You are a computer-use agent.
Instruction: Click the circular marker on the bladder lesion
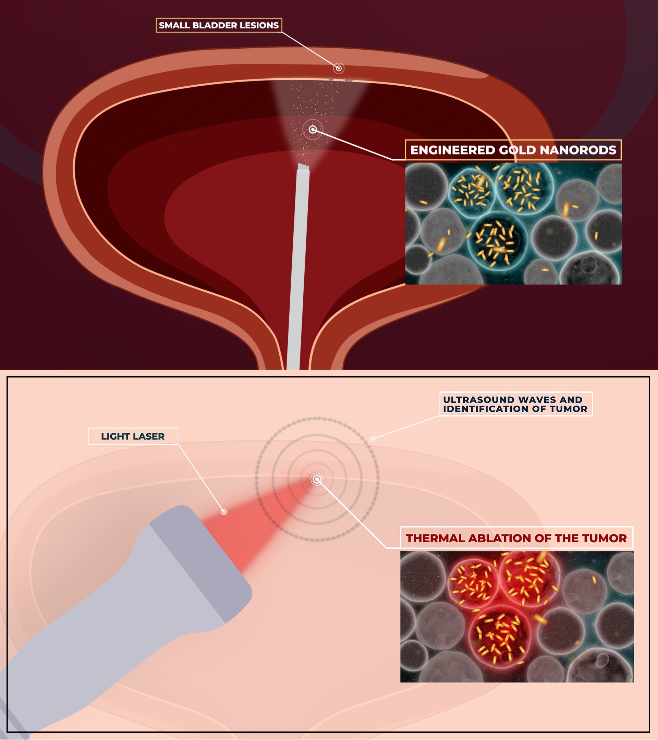339,68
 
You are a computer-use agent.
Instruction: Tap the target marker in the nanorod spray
313,129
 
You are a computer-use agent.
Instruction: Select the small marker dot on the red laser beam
224,511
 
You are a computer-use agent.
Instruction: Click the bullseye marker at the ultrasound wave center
317,479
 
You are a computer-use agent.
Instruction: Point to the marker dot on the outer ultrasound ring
372,439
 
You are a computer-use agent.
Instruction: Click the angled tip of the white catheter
303,167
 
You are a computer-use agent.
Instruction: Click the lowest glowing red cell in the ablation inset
500,637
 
